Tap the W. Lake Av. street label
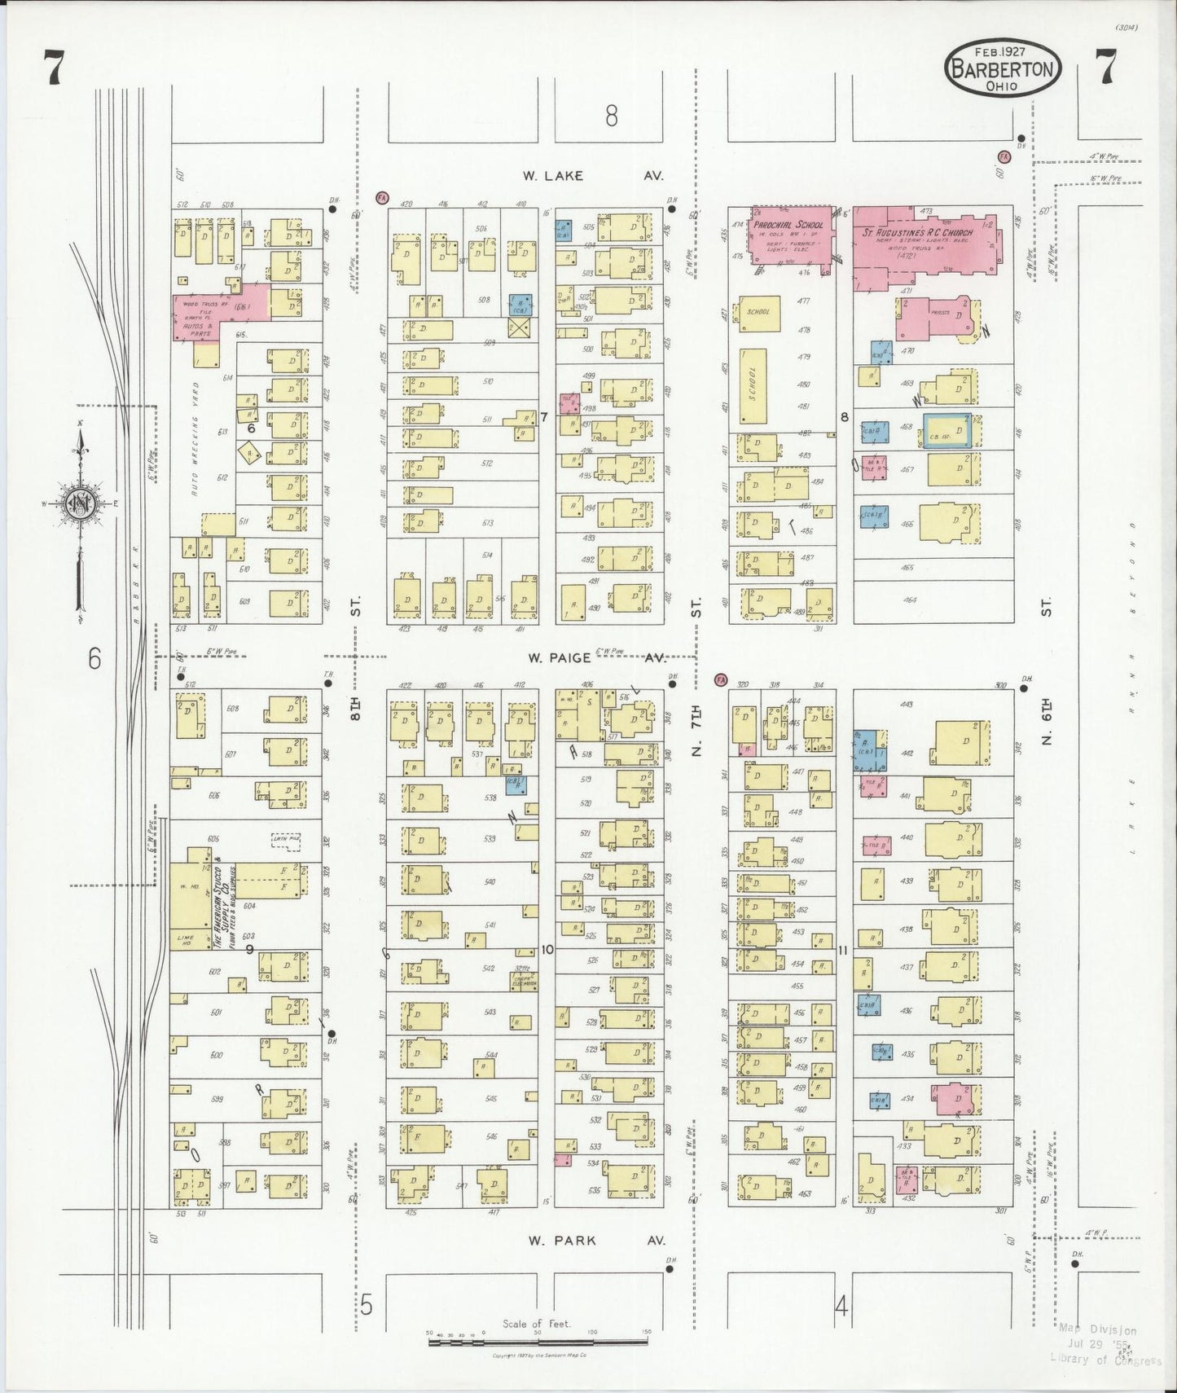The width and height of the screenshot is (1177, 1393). [x=593, y=175]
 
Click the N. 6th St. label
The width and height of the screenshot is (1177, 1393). [x=1047, y=725]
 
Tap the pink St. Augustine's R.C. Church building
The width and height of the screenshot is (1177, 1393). [x=929, y=244]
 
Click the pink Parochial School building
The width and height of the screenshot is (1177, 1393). [x=787, y=236]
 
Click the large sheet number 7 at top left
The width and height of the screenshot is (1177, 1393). [x=53, y=68]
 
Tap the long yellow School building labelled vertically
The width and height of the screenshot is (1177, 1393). [x=753, y=385]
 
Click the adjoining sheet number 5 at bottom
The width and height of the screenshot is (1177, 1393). [x=367, y=1306]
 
